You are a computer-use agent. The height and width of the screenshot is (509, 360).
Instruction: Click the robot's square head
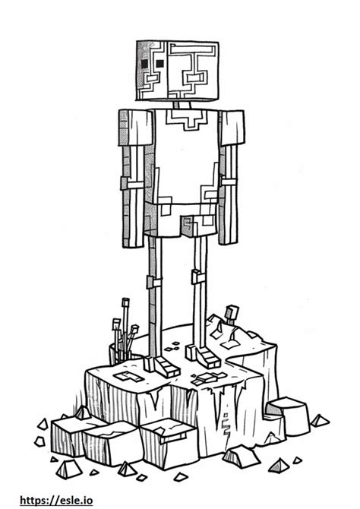[x=177, y=71]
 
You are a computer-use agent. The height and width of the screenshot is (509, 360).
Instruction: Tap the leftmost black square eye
[x=144, y=64]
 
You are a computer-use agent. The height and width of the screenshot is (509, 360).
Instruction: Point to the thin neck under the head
[x=182, y=105]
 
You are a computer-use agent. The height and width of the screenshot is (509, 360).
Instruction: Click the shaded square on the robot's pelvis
[x=188, y=227]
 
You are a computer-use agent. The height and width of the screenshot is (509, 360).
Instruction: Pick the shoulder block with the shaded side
[x=135, y=128]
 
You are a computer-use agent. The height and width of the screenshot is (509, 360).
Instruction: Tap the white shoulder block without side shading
[x=232, y=128]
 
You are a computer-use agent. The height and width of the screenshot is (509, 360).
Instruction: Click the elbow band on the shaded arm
[x=131, y=184]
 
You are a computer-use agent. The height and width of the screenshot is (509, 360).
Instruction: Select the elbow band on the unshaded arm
[x=228, y=181]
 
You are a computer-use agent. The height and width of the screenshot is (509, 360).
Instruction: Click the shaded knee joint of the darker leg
[x=153, y=282]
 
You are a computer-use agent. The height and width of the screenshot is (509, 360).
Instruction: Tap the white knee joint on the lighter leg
[x=198, y=277]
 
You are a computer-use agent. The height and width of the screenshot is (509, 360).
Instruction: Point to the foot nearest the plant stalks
[x=161, y=366]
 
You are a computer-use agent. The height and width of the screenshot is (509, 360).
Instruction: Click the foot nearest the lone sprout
[x=203, y=356]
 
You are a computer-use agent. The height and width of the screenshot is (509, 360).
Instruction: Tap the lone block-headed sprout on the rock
[x=232, y=314]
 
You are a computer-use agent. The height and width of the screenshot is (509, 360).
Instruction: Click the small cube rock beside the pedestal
[x=287, y=416]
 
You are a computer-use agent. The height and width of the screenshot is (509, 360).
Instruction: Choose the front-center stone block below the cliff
[x=169, y=442]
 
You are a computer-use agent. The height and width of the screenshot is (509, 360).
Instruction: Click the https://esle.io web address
[x=56, y=500]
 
